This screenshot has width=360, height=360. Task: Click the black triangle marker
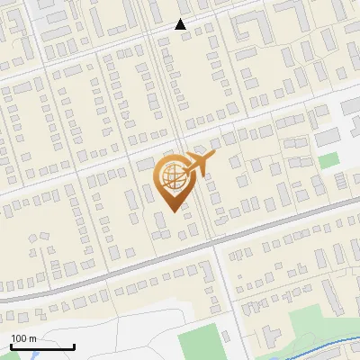pos(181,24)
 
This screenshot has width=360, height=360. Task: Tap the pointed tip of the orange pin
pos(173,210)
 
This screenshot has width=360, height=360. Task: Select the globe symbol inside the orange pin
pos(174,175)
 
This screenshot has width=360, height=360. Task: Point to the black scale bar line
pos(41,346)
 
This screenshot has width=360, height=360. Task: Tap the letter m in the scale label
pos(32,338)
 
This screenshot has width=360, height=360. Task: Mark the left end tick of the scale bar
pos(10,345)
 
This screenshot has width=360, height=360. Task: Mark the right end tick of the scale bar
pos(74,345)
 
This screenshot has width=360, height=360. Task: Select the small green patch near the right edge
pos(329,159)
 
